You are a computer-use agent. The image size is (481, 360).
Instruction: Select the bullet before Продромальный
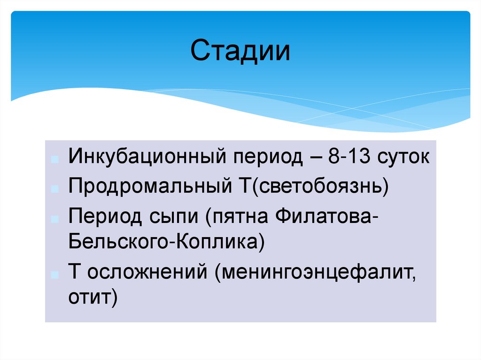tap(55, 189)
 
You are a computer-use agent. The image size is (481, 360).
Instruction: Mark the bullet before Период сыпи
tap(55, 219)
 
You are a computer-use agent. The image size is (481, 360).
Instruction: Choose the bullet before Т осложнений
tap(55, 274)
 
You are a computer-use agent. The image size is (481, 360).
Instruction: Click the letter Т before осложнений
tap(74, 272)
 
